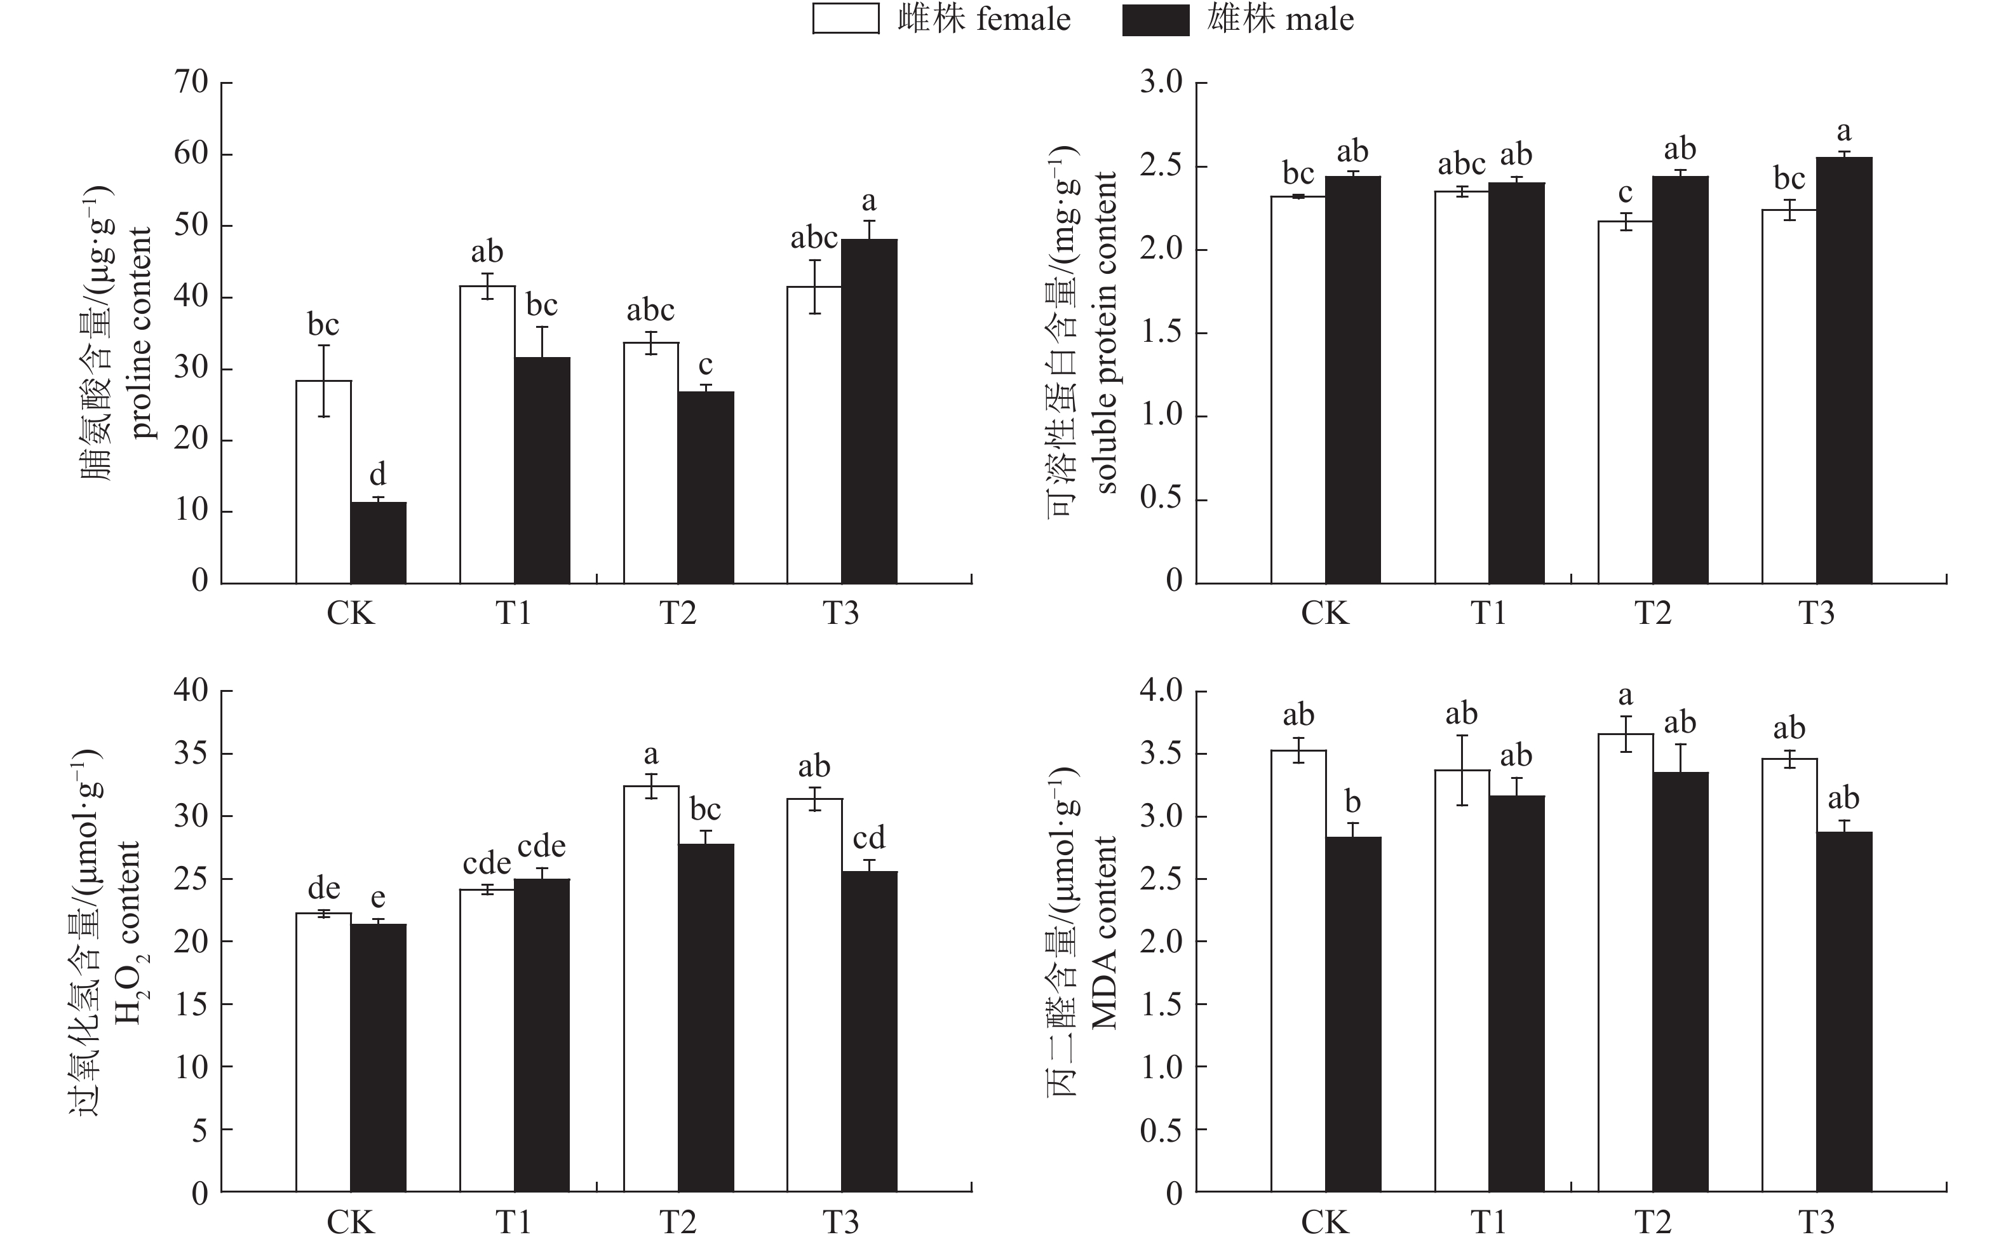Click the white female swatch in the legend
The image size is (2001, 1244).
pyautogui.click(x=846, y=20)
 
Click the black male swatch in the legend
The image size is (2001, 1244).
pyautogui.click(x=1155, y=20)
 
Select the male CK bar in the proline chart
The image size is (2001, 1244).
pyautogui.click(x=379, y=543)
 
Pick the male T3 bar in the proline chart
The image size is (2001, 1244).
pyautogui.click(x=869, y=411)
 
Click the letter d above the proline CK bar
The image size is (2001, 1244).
pyautogui.click(x=377, y=475)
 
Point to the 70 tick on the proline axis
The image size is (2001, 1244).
pyautogui.click(x=192, y=82)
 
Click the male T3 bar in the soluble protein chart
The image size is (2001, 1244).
pyautogui.click(x=1845, y=370)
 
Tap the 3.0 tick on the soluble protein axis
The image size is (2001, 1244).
pyautogui.click(x=1161, y=82)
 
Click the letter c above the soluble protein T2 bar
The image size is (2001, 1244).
pyautogui.click(x=1625, y=193)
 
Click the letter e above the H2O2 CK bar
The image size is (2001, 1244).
pyautogui.click(x=377, y=898)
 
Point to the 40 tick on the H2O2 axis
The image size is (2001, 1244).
pyautogui.click(x=192, y=690)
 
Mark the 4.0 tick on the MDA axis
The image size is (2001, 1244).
pyautogui.click(x=1161, y=690)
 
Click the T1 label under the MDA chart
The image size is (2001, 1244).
pyautogui.click(x=1488, y=1222)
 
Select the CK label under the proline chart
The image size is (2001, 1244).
pyautogui.click(x=351, y=614)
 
